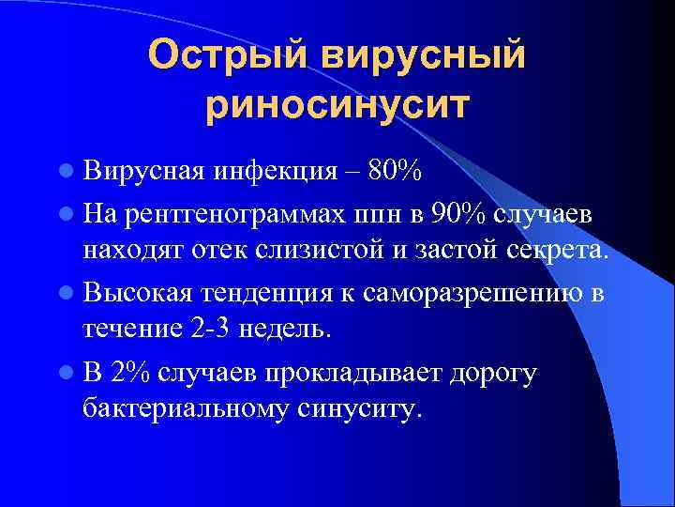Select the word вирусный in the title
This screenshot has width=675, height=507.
426,55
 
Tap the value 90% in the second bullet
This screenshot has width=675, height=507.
455,214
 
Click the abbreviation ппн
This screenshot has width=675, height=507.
375,215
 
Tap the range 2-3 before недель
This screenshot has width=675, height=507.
212,330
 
